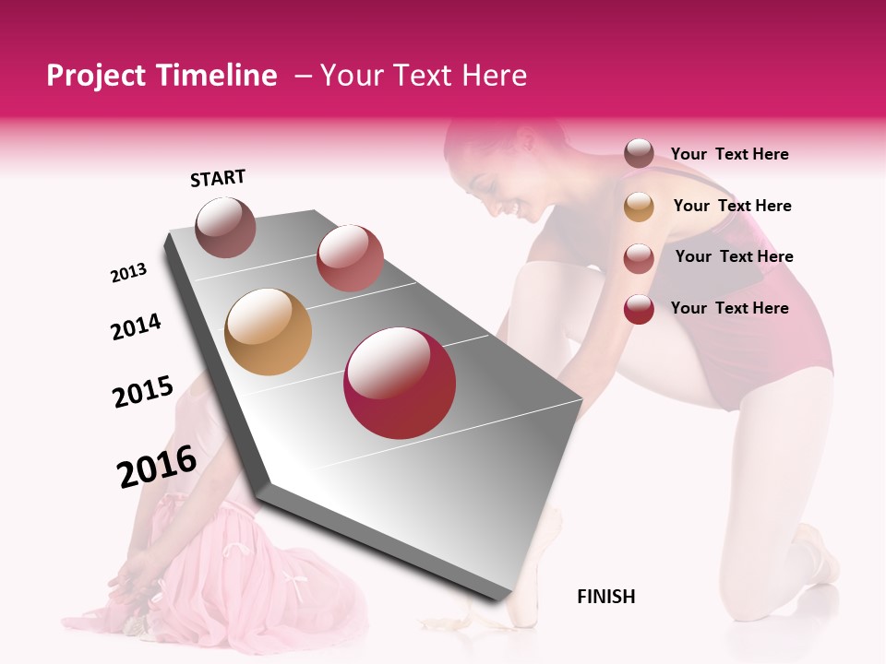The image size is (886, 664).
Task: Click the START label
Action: (x=218, y=178)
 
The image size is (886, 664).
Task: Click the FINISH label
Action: (x=605, y=597)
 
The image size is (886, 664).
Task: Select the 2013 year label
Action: (x=129, y=273)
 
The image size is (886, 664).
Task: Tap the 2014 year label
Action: (x=136, y=326)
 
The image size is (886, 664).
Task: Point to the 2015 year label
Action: (x=143, y=392)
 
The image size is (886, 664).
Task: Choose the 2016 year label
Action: (x=157, y=467)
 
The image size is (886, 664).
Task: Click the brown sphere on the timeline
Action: (x=226, y=227)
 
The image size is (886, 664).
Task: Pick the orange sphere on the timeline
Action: (x=269, y=332)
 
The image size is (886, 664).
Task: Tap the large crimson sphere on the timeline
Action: (x=400, y=383)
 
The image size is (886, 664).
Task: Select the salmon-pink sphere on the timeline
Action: (x=350, y=258)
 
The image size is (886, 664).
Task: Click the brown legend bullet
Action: (x=639, y=154)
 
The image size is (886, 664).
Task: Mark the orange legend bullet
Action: (x=639, y=207)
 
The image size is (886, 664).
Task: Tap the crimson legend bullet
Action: (x=639, y=309)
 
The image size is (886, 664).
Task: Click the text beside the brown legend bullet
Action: (x=729, y=154)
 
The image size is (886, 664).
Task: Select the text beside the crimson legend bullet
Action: (x=729, y=308)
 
